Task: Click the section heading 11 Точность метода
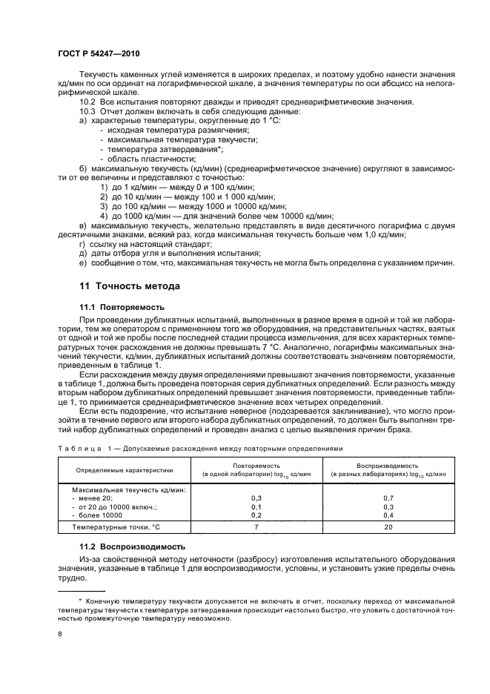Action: point(129,285)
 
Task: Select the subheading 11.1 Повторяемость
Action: point(122,306)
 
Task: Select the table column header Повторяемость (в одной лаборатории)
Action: point(257,469)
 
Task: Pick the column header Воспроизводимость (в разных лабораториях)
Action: point(388,469)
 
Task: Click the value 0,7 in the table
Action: point(388,498)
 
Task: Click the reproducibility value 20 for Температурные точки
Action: point(388,526)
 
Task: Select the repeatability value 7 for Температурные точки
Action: point(257,526)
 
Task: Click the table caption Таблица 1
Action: point(76,448)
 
